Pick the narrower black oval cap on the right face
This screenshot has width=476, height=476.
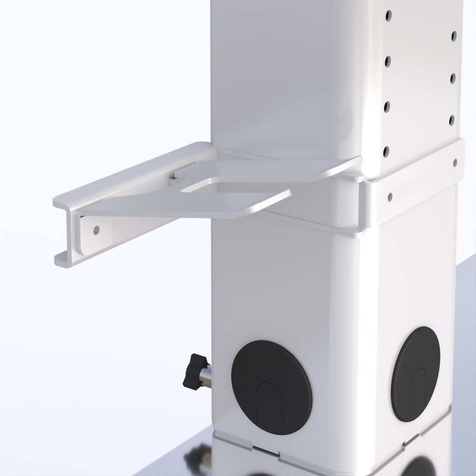coord(416,374)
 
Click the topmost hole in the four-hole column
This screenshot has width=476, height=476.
coord(389,16)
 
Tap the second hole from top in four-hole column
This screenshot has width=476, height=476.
coord(387,60)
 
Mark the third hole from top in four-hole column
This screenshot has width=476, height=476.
coord(387,106)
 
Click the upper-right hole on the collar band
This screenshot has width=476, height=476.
coord(455,162)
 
